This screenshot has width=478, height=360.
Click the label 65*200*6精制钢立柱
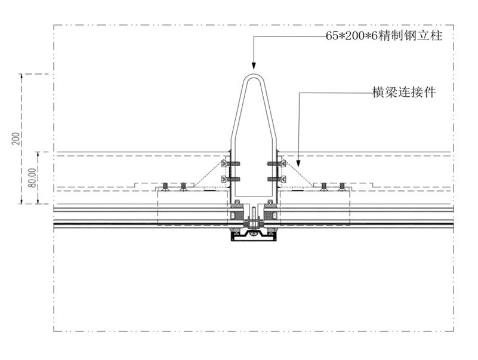point(384,36)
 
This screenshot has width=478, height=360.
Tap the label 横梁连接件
point(404,92)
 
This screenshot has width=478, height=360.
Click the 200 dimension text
point(16,139)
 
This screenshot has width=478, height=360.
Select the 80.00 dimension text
point(33,177)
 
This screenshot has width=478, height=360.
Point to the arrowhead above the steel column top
point(254,66)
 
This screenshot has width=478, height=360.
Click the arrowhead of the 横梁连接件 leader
point(299,164)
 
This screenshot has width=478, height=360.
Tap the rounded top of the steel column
point(254,76)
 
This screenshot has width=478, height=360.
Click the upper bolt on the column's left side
point(231,164)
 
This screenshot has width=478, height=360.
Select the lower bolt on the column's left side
point(231,179)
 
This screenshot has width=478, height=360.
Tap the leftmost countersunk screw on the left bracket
point(165,187)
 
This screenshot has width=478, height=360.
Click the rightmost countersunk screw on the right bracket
point(342,187)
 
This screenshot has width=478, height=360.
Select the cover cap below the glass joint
point(254,237)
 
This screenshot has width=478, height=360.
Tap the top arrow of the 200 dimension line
point(21,77)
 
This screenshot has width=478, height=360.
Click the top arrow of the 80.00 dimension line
point(38,155)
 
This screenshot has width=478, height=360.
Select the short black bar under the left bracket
point(209,190)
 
